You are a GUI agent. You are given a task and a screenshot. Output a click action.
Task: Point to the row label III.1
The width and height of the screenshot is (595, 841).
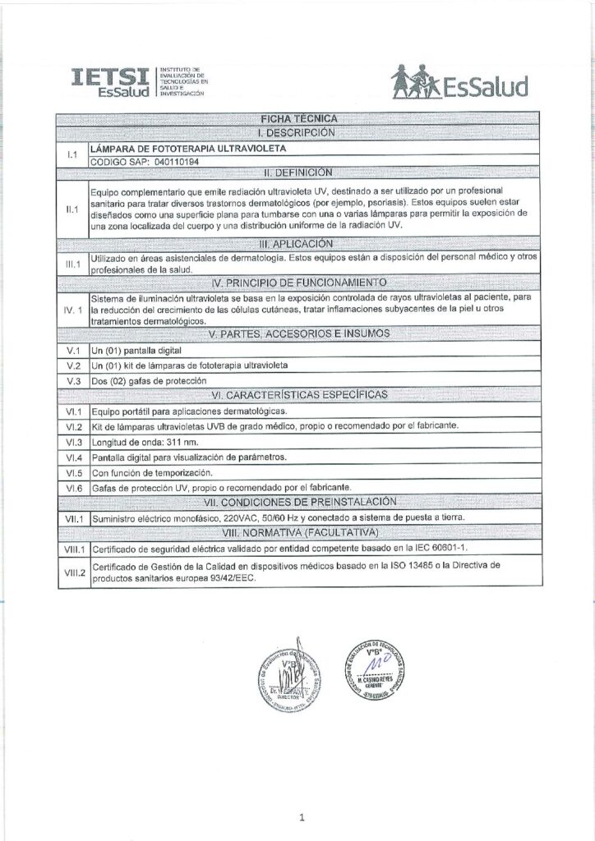pos(71,264)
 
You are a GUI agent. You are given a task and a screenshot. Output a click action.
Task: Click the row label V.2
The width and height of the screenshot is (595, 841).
pos(71,365)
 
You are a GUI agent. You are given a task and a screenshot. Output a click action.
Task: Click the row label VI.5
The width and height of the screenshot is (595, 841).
pos(71,472)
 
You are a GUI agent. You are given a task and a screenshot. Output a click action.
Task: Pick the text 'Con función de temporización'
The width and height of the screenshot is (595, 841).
pos(153,472)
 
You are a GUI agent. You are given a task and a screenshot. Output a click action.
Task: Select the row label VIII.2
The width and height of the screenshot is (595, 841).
pos(71,572)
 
